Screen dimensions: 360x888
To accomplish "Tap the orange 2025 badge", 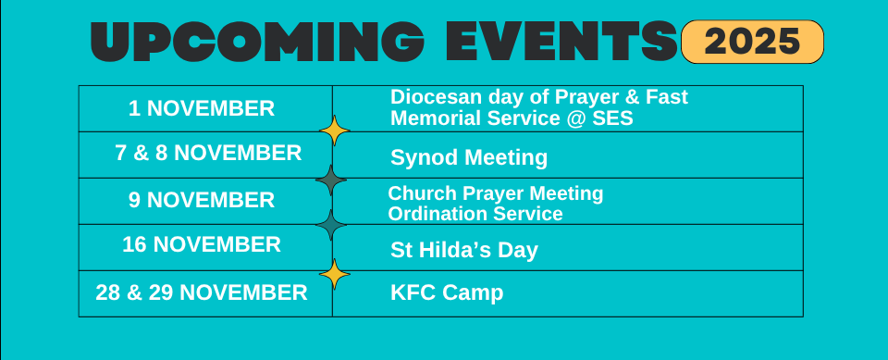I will (x=752, y=42).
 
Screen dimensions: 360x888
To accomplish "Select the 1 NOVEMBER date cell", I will (x=202, y=108).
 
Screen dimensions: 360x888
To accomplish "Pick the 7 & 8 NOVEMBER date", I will (x=208, y=154).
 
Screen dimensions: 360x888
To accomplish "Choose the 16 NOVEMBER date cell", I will (x=202, y=245).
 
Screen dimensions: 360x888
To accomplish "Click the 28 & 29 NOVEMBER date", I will (x=202, y=293).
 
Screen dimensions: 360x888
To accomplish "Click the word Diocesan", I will (x=434, y=97).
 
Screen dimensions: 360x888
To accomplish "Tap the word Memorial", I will (x=434, y=118).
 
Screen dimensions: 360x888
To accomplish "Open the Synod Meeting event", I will (x=469, y=158).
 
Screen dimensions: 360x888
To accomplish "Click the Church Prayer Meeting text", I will (x=495, y=193).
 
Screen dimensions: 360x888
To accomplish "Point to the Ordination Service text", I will (x=475, y=214).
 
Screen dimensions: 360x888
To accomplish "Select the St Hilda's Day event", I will (x=464, y=250).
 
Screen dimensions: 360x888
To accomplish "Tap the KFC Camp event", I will (x=447, y=293).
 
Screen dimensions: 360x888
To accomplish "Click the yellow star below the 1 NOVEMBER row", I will (x=333, y=131).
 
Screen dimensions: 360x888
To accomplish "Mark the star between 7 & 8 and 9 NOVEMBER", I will (x=331, y=179).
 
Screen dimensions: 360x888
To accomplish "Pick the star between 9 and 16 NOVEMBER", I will (x=331, y=224).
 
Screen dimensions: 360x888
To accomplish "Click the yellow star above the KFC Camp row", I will (x=334, y=273).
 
